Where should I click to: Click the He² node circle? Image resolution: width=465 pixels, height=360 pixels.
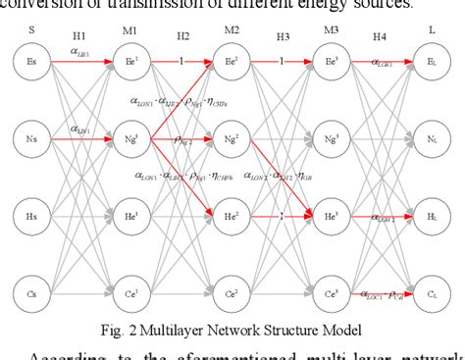point(232,213)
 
